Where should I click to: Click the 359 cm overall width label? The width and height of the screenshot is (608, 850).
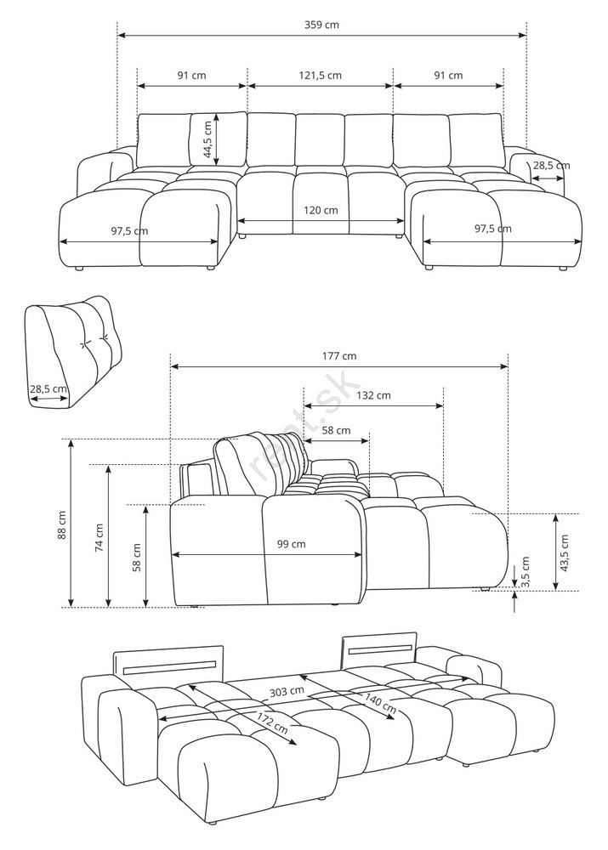click(x=321, y=25)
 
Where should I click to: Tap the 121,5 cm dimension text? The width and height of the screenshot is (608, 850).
click(x=320, y=76)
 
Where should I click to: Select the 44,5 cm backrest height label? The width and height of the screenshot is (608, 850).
click(x=207, y=139)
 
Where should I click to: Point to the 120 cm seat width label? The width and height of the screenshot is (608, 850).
click(x=321, y=210)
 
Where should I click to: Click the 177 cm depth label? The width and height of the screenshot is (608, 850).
click(x=339, y=356)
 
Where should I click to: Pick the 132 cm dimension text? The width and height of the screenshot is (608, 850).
click(x=373, y=395)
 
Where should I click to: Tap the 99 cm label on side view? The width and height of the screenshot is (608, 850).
click(x=292, y=544)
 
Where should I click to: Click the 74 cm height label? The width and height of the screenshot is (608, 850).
click(x=99, y=538)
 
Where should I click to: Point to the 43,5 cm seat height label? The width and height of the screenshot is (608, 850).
click(x=564, y=553)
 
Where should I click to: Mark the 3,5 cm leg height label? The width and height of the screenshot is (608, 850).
click(x=525, y=571)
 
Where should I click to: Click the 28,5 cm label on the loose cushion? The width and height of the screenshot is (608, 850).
click(x=48, y=388)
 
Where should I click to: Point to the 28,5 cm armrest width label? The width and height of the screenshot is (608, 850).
click(x=551, y=166)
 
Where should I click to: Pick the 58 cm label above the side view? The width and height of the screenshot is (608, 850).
click(x=336, y=430)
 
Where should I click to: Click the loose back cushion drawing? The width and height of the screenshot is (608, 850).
click(x=73, y=351)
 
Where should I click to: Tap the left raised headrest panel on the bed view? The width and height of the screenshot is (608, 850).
click(x=168, y=660)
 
